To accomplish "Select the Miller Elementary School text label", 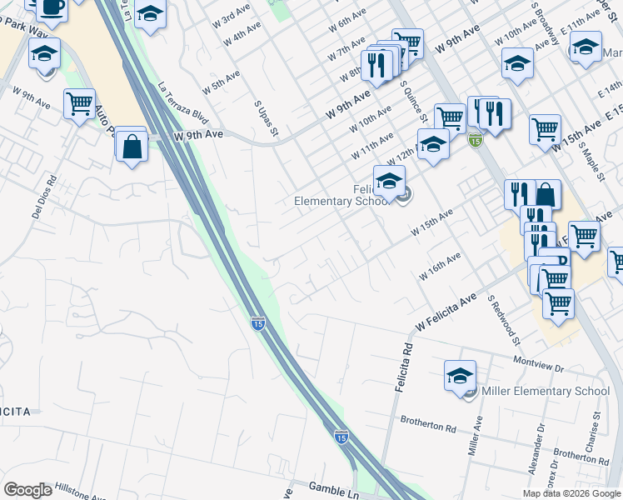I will (x=546, y=391).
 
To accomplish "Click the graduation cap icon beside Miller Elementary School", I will (x=460, y=375).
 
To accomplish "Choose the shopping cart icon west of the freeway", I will (x=79, y=103).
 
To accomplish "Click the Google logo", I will (x=27, y=490).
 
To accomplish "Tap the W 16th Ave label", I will (x=441, y=267).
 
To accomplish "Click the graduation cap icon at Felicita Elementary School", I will (x=389, y=179).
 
